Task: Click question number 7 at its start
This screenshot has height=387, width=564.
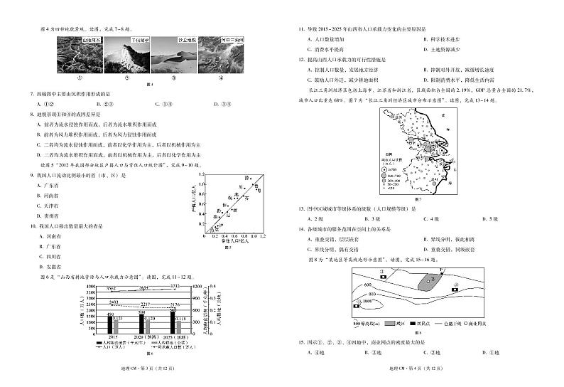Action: coord(31,93)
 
